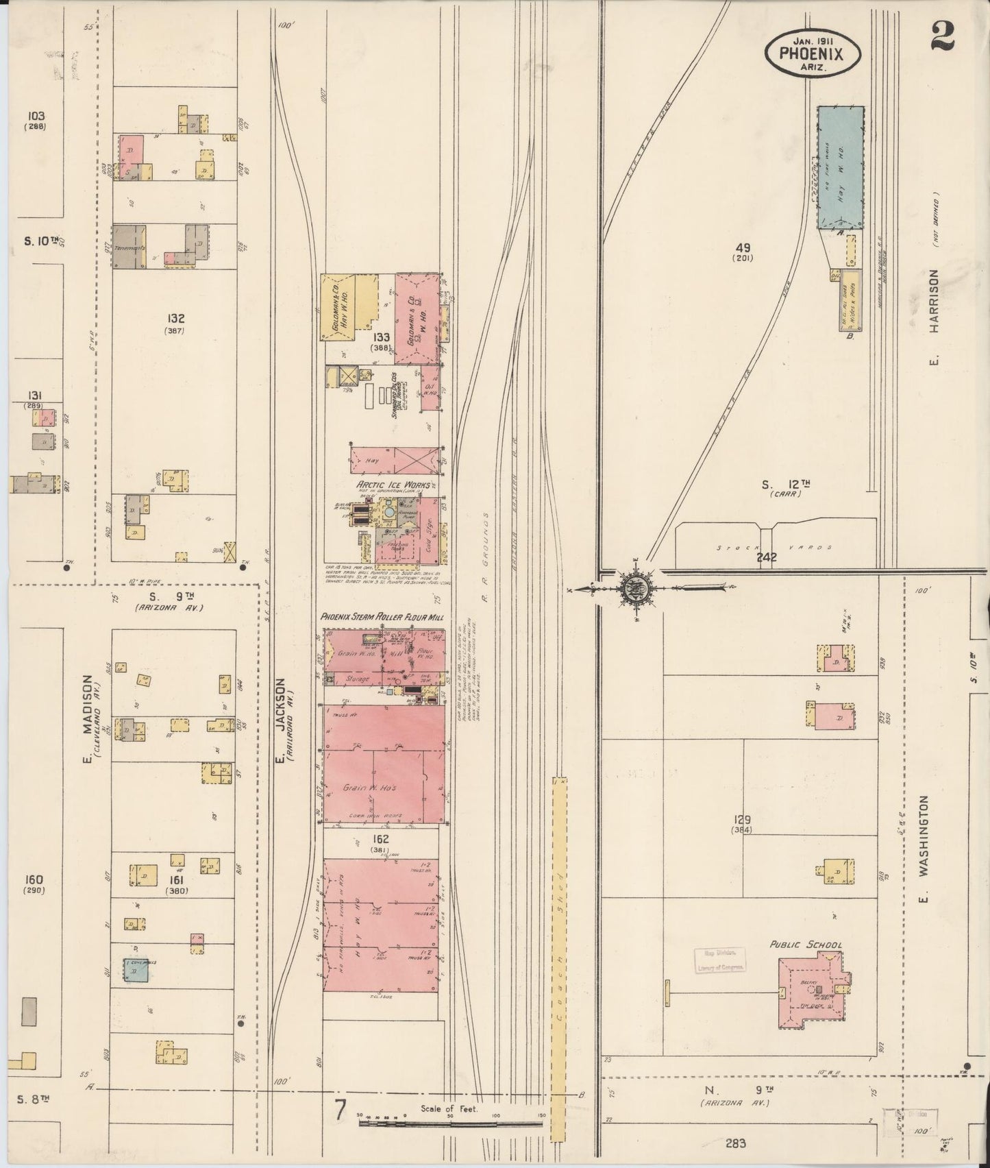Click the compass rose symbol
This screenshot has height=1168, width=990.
click(634, 587)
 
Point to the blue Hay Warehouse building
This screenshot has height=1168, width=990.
click(841, 167)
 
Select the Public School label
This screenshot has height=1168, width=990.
click(805, 944)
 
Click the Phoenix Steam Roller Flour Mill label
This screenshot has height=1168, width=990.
click(382, 618)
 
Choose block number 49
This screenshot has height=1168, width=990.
click(742, 247)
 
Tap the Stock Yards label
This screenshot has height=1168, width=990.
click(775, 548)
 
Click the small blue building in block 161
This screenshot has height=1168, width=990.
click(135, 971)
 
